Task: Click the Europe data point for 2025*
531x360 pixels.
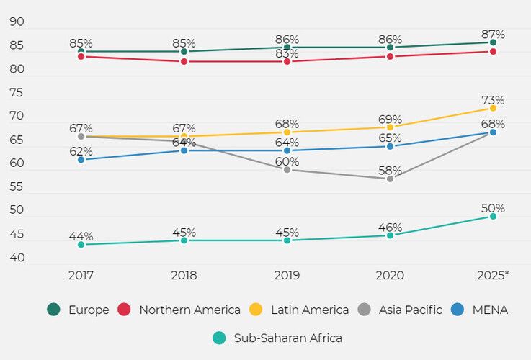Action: (493, 42)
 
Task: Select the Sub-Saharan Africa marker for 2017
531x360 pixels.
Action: (81, 245)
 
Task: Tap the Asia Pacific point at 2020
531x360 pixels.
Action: (390, 179)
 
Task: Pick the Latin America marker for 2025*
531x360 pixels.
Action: (493, 108)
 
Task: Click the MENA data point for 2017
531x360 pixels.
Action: (81, 159)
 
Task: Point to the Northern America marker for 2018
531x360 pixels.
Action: (184, 61)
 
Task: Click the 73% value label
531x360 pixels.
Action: (493, 100)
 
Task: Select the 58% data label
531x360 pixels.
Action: (390, 171)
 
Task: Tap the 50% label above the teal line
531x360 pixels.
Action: (493, 209)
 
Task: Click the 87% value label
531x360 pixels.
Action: (493, 35)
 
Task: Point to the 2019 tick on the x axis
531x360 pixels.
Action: (287, 275)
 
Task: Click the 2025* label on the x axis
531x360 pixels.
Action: (493, 275)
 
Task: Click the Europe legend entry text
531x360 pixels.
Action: (89, 310)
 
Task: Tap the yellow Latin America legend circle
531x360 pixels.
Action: (256, 310)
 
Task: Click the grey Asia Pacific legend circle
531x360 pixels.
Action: (365, 310)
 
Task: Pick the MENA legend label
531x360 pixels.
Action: (489, 310)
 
